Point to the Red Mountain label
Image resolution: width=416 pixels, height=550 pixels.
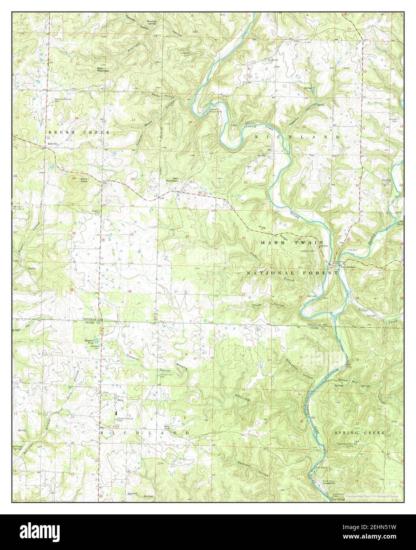click(171, 179)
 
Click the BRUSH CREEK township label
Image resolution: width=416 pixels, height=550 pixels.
click(78, 131)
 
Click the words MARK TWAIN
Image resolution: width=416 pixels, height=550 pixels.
click(292, 242)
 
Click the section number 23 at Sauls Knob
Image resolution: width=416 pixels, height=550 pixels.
click(74, 178)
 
